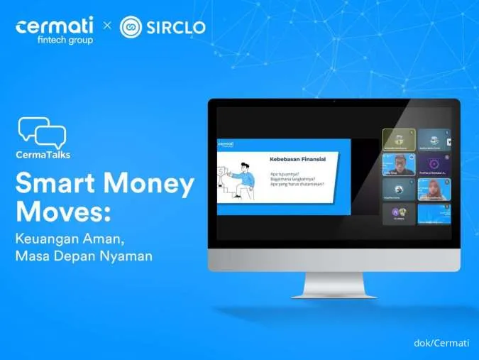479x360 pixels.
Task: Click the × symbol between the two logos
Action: (107, 27)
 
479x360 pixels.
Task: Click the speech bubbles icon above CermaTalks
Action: (42, 133)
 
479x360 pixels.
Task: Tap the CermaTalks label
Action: (43, 154)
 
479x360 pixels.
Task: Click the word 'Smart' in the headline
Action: (57, 185)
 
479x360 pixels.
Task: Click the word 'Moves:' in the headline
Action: (60, 214)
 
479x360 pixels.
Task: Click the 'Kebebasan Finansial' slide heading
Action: (297, 159)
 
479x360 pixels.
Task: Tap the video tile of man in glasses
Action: (399, 164)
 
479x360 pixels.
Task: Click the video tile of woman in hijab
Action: (434, 188)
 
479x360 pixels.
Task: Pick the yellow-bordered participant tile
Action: (399, 139)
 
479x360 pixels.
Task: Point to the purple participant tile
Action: (434, 164)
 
